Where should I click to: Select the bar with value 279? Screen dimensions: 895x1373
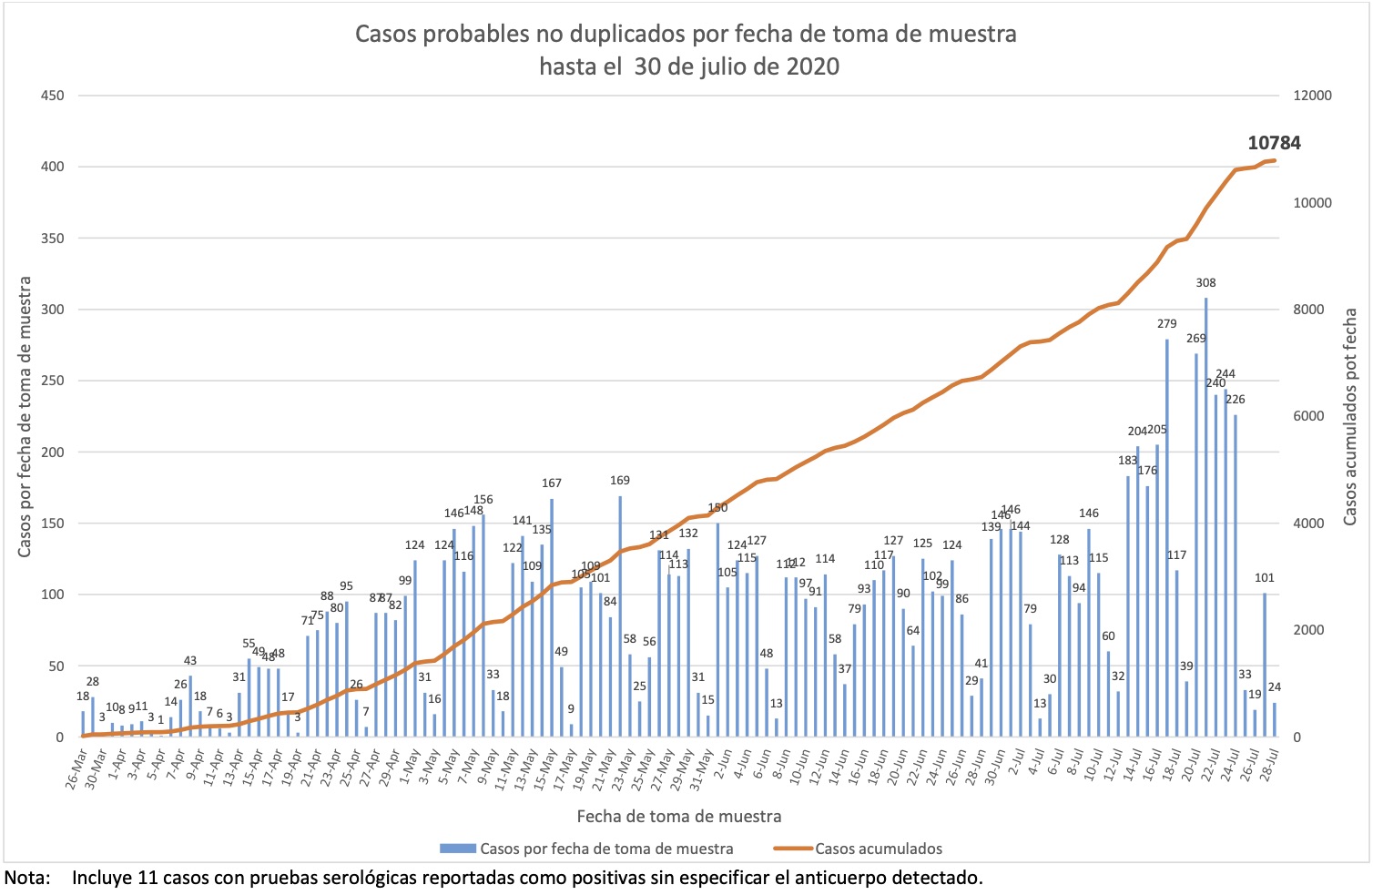pos(1167,537)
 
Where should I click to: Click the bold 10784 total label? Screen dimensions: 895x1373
pos(1274,143)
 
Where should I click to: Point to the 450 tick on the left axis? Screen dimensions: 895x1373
pos(52,96)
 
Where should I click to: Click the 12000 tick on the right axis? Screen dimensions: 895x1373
pos(1312,96)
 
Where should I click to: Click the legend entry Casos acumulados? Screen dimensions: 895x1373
pos(878,849)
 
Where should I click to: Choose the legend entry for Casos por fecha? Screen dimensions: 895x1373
pos(606,849)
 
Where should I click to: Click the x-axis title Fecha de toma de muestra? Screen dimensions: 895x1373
pos(678,816)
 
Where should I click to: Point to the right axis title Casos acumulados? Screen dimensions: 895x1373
pos(1349,416)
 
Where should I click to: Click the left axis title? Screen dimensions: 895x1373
pos(25,416)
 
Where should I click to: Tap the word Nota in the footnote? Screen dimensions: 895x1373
pos(26,879)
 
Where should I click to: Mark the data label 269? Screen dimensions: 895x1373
pos(1195,339)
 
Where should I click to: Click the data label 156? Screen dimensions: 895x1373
pos(483,500)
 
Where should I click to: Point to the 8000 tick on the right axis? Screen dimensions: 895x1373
pos(1312,310)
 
